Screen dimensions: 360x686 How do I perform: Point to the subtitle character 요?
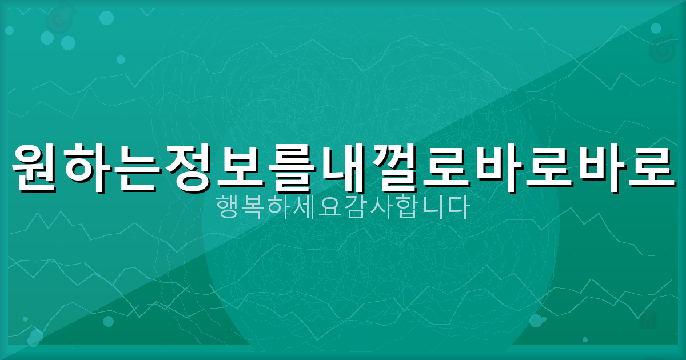coord(330,208)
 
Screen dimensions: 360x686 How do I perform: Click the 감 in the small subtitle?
coord(355,208)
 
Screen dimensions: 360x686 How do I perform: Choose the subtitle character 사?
coord(380,208)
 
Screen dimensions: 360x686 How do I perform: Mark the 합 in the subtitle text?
coord(406,208)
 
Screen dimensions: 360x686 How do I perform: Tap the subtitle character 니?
coord(431,208)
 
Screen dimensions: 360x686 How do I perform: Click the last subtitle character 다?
coord(456,208)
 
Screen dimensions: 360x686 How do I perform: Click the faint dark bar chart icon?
coord(648,320)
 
